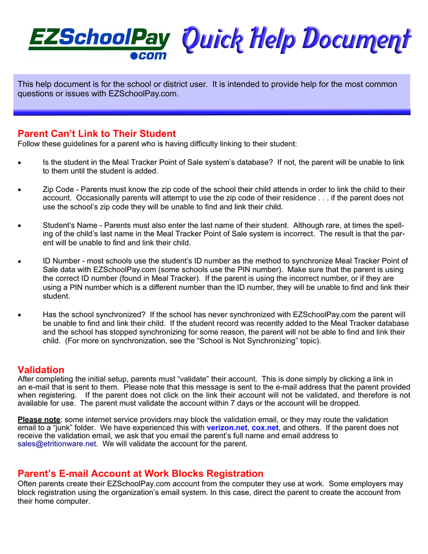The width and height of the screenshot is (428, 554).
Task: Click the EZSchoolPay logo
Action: coord(100,42)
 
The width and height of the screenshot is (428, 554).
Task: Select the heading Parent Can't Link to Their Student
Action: coord(97,134)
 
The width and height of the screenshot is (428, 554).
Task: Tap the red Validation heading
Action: coord(41,370)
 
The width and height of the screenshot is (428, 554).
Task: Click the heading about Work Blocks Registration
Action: coord(141,473)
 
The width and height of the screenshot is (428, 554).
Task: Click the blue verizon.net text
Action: coord(227,427)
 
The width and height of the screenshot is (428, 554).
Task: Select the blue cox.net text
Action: coord(265,427)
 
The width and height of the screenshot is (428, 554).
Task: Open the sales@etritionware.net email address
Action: coord(57,444)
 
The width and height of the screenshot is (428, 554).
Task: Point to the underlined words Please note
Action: coord(39,419)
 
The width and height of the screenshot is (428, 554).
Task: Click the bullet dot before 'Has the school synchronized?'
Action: coord(20,314)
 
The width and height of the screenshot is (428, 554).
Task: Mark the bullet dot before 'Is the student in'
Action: coord(20,162)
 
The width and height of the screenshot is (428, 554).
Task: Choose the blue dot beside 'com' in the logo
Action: coord(135,56)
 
